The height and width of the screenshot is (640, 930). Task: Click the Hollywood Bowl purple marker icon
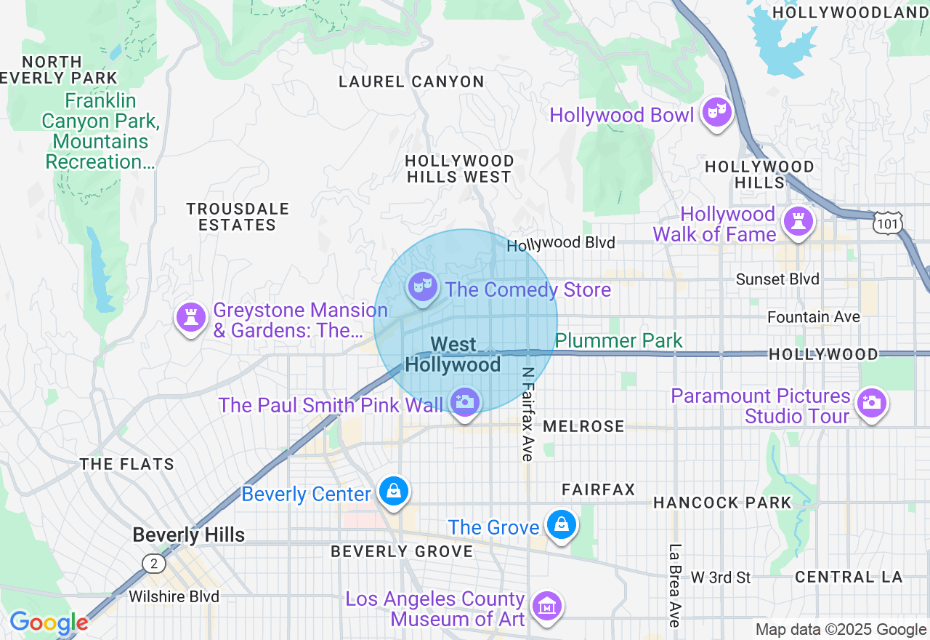pos(716,113)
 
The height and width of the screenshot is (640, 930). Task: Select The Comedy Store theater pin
pos(421,287)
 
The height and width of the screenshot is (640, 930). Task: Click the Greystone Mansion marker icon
pos(191,318)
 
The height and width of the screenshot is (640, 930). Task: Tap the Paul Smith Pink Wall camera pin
pos(465,401)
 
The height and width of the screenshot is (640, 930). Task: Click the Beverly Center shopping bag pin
pos(393,492)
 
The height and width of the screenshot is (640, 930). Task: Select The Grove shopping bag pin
pos(561,524)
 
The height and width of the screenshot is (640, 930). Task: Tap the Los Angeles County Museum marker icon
pos(546,606)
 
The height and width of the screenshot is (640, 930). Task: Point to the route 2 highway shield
pos(153,563)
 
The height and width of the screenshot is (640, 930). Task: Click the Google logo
pos(49,623)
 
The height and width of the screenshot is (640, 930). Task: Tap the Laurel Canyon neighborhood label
pos(411,81)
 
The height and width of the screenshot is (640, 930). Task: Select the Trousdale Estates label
pos(238,217)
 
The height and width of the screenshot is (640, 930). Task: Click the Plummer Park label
pos(619,340)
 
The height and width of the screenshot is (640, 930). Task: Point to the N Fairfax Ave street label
pos(527,413)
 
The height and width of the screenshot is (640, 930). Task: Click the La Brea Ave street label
pos(675,585)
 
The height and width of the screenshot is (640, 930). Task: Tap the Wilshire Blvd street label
pos(174,596)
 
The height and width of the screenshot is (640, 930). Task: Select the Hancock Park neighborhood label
pos(721,503)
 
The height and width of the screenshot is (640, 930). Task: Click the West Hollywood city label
pos(453,354)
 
